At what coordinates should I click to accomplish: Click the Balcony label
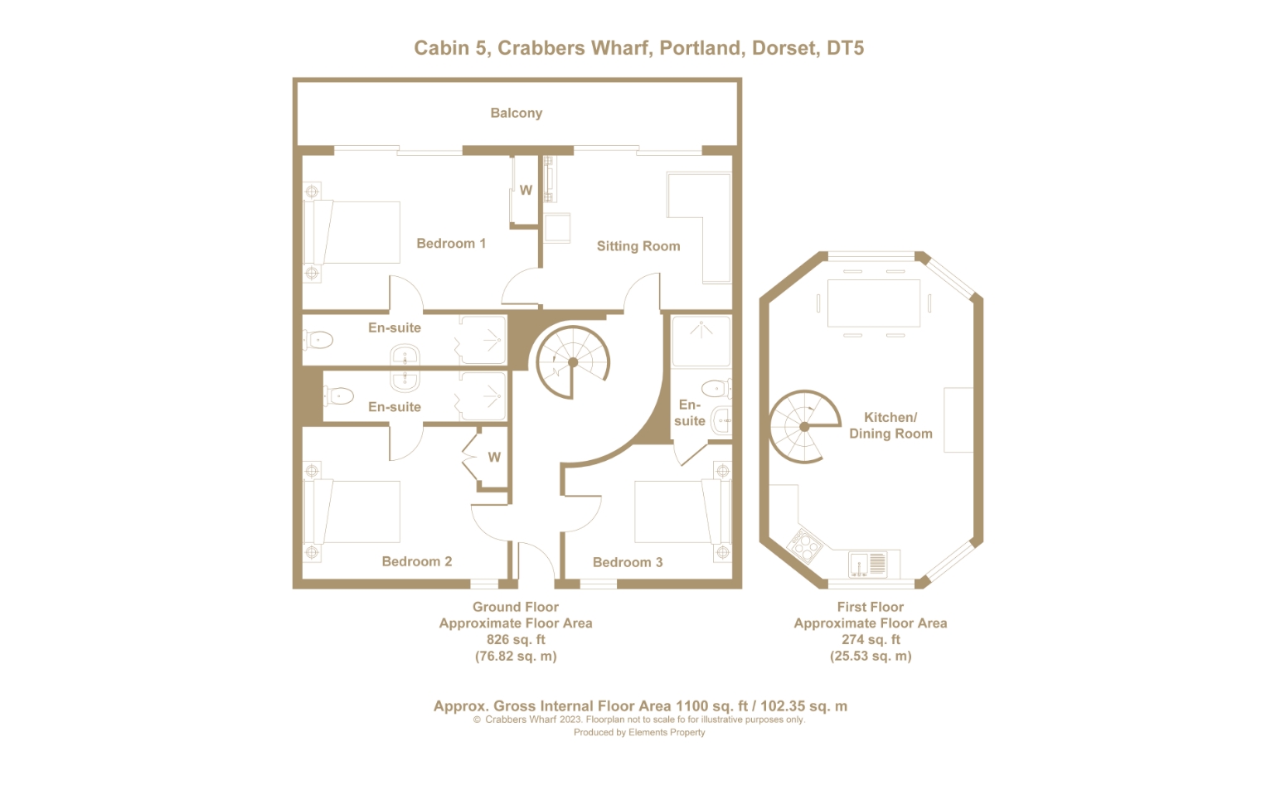[516, 113]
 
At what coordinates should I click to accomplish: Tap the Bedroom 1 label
[451, 244]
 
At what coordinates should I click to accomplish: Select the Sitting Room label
[638, 246]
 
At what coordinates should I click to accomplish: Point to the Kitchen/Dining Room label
[890, 425]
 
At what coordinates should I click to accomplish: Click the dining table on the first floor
[873, 303]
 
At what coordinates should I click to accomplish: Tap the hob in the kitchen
[804, 545]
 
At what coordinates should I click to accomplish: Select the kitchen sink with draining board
[867, 564]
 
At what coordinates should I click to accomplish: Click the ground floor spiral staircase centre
[573, 362]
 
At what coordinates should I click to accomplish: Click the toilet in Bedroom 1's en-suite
[318, 341]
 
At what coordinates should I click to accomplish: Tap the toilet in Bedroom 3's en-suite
[716, 389]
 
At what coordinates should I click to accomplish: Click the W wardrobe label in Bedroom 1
[526, 191]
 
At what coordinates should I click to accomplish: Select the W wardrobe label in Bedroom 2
[494, 457]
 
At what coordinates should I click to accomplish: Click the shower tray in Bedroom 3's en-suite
[701, 342]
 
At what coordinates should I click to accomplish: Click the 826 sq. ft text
[515, 639]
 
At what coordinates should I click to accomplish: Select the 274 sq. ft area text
[871, 639]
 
